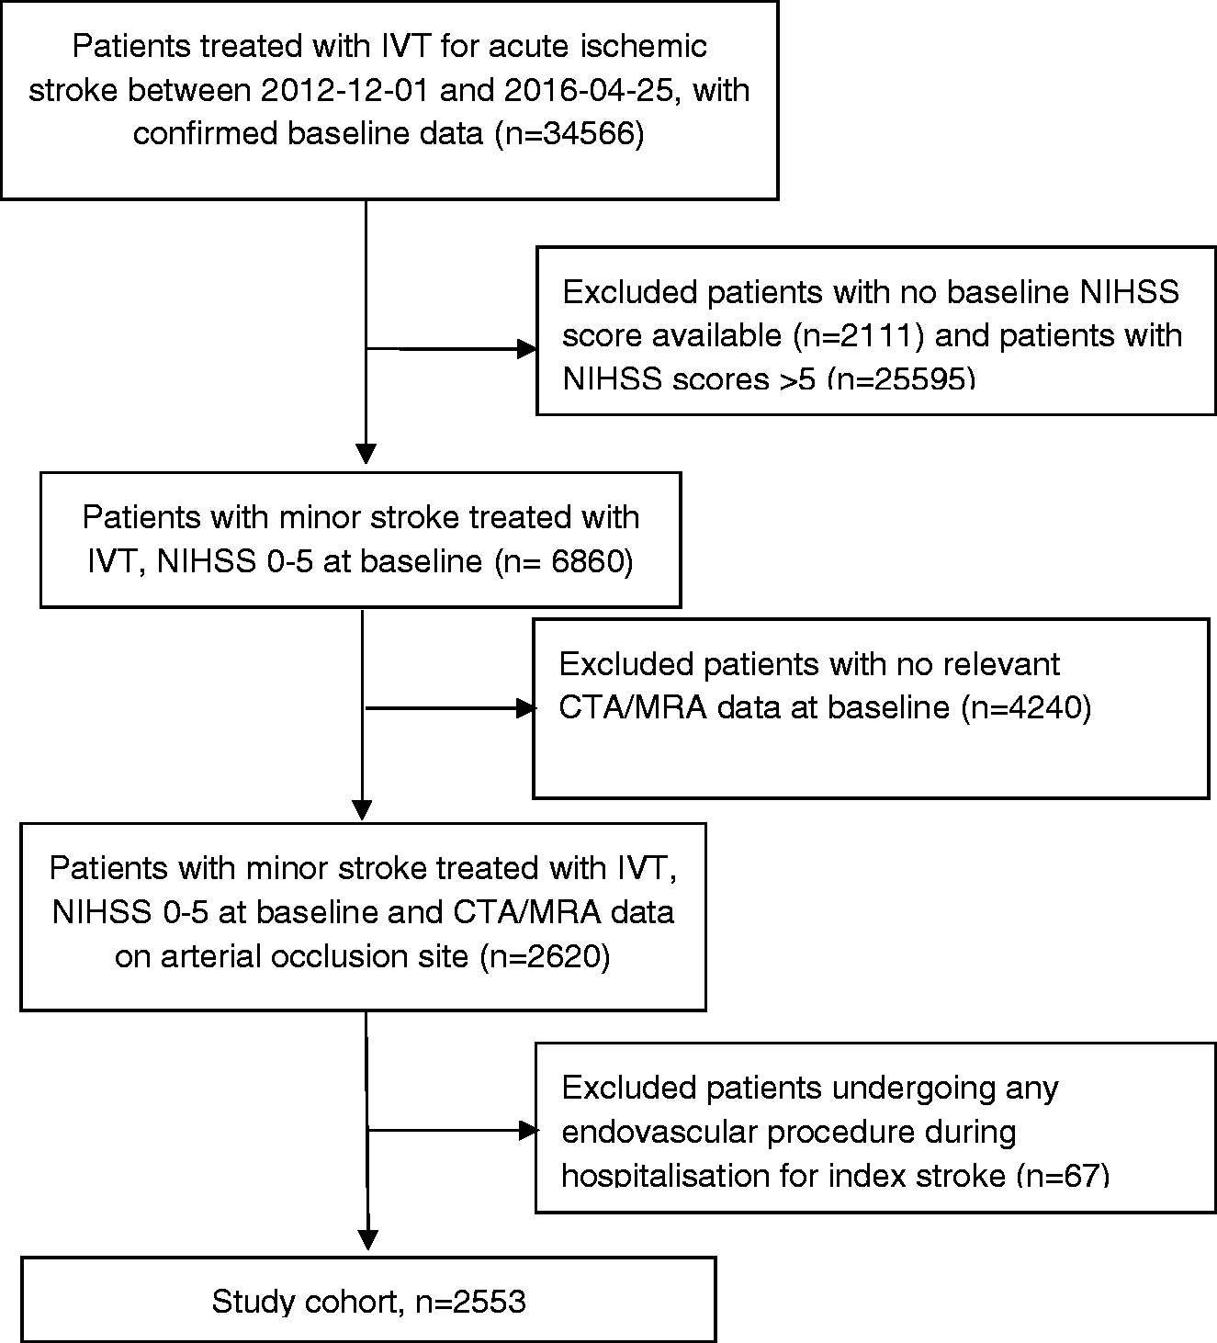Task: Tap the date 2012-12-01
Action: [x=344, y=90]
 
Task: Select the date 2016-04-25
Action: [x=589, y=90]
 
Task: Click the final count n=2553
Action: [x=470, y=1302]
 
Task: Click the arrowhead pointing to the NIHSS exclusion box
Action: [x=527, y=349]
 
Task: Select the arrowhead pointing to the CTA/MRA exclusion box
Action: [x=526, y=708]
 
